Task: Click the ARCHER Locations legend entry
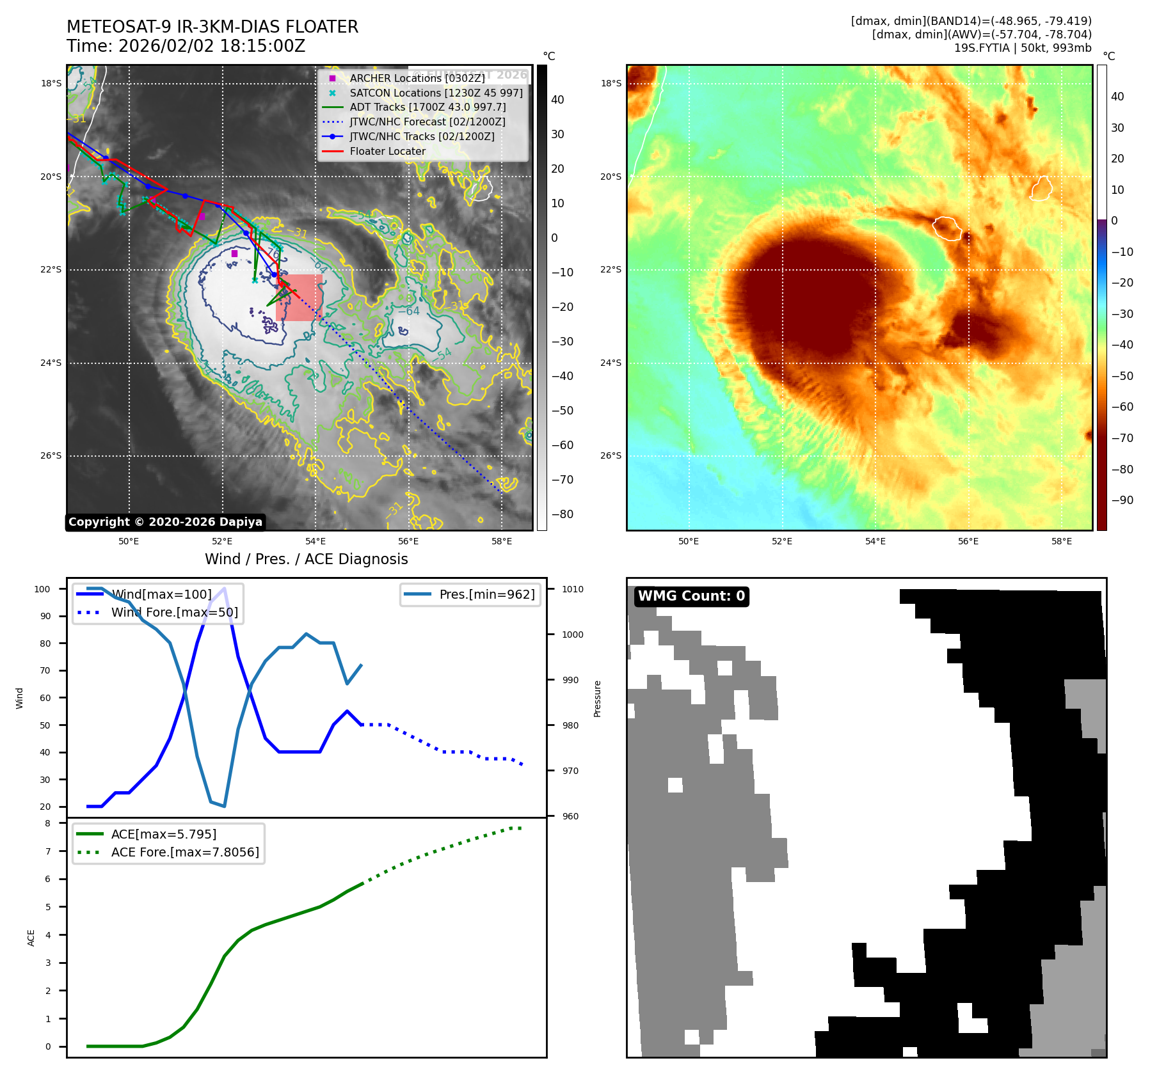pyautogui.click(x=417, y=78)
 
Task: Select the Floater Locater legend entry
pyautogui.click(x=387, y=152)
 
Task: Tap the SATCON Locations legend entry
pyautogui.click(x=435, y=93)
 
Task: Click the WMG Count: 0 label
pyautogui.click(x=691, y=596)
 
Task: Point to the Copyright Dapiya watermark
pyautogui.click(x=165, y=522)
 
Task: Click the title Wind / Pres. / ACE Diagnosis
pyautogui.click(x=306, y=559)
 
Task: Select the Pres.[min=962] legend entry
pyautogui.click(x=486, y=594)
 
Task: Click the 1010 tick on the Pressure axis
pyautogui.click(x=573, y=589)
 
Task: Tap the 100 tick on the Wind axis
pyautogui.click(x=42, y=589)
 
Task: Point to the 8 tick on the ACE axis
pyautogui.click(x=47, y=823)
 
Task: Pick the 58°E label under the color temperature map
pyautogui.click(x=1061, y=541)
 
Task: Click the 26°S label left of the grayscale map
pyautogui.click(x=51, y=456)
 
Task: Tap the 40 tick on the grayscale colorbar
pyautogui.click(x=557, y=100)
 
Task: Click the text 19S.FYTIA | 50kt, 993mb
pyautogui.click(x=1023, y=48)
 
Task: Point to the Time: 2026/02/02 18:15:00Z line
pyautogui.click(x=186, y=46)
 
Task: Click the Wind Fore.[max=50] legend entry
pyautogui.click(x=174, y=612)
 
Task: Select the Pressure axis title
pyautogui.click(x=597, y=698)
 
